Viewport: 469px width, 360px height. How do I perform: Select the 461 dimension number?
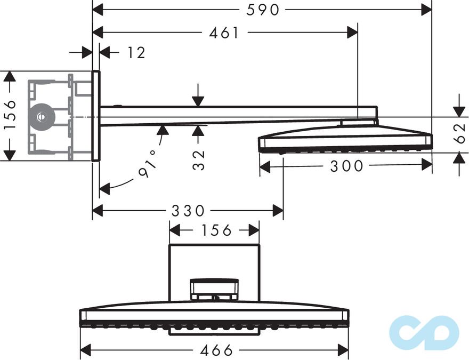click(x=224, y=33)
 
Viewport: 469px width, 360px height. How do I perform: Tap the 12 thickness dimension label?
click(x=136, y=52)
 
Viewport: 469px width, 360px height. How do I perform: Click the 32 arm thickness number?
click(x=199, y=159)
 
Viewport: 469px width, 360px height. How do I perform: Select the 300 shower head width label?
click(x=346, y=166)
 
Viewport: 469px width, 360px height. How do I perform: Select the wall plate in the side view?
click(x=96, y=116)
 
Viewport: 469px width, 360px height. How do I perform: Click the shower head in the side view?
click(x=345, y=140)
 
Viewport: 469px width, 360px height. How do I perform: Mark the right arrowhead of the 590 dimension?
click(x=427, y=9)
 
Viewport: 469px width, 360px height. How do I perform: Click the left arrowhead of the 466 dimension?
click(x=84, y=350)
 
